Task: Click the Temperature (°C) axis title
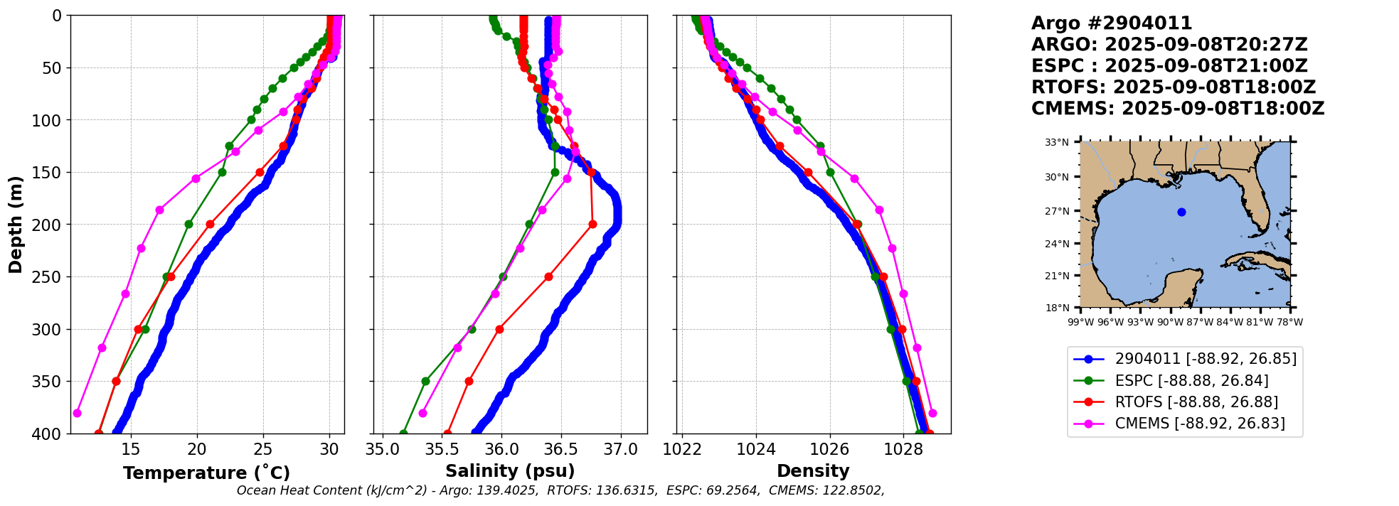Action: [x=206, y=473]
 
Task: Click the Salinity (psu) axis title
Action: [x=510, y=471]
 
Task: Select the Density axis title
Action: [x=813, y=471]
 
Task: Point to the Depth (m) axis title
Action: [x=16, y=225]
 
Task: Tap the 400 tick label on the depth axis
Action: [x=49, y=434]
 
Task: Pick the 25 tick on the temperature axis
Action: [x=263, y=449]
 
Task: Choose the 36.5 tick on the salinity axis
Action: [x=561, y=449]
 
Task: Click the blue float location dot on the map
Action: [x=1181, y=212]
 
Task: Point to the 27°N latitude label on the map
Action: [x=1057, y=211]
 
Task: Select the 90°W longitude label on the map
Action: [x=1170, y=322]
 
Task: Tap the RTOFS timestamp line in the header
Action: [x=1174, y=87]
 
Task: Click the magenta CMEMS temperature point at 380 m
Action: [x=77, y=413]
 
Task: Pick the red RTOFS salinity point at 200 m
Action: [x=592, y=225]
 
